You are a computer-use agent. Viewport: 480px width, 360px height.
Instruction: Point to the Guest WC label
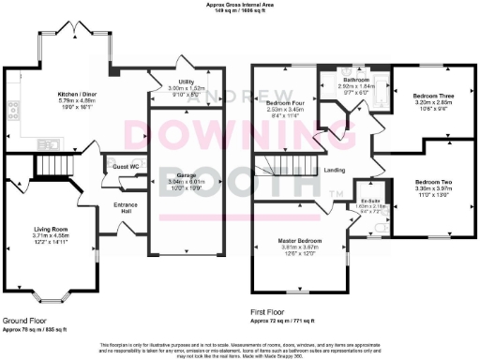click(x=125, y=166)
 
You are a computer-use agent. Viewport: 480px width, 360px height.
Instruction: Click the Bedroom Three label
click(x=433, y=96)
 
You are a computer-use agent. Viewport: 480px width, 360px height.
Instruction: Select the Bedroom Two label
click(x=434, y=180)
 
